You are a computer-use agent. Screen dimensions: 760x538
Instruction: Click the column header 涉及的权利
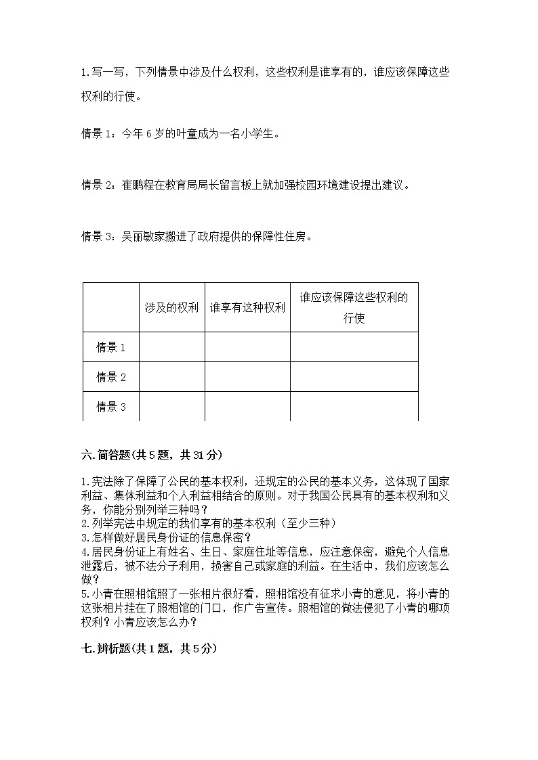pyautogui.click(x=171, y=307)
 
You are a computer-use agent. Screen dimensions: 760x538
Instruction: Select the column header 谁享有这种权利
pyautogui.click(x=247, y=307)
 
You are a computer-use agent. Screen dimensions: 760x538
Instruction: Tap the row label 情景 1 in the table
pyautogui.click(x=111, y=347)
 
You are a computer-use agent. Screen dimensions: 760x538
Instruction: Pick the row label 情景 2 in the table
pyautogui.click(x=111, y=377)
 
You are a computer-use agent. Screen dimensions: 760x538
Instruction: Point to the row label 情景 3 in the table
pyautogui.click(x=111, y=407)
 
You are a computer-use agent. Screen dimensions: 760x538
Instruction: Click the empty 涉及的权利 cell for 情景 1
pyautogui.click(x=171, y=347)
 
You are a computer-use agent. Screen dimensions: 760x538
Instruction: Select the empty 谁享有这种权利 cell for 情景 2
pyautogui.click(x=247, y=377)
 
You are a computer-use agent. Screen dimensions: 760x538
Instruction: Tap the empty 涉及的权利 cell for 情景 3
pyautogui.click(x=171, y=407)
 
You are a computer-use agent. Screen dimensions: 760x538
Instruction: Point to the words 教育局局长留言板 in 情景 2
pyautogui.click(x=211, y=185)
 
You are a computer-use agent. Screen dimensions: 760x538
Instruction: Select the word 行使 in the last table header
pyautogui.click(x=354, y=318)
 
